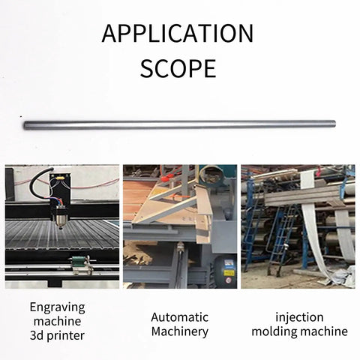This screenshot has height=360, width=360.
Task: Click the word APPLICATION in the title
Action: point(178,33)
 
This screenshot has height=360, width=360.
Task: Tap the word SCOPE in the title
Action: point(178,68)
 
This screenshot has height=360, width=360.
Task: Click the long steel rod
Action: point(180,124)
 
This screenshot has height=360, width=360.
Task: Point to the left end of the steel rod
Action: point(25,125)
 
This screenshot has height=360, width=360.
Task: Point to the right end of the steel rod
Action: point(334,124)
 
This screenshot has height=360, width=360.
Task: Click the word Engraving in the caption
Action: point(58,307)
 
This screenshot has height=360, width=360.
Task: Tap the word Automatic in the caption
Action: point(180,317)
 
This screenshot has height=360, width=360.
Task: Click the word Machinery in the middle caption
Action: point(180,331)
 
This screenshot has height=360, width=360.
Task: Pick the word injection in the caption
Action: point(299,317)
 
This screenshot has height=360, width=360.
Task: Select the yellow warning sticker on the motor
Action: point(229,273)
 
